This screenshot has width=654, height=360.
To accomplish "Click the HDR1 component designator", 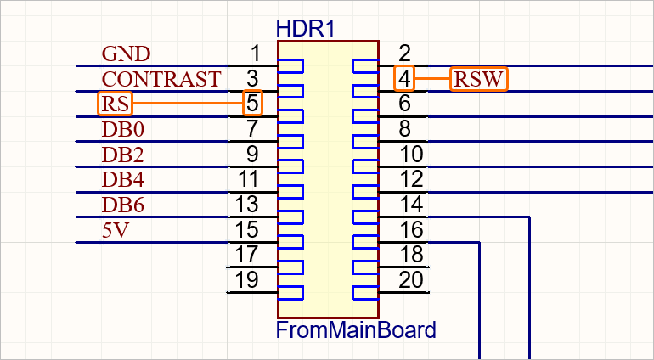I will [x=306, y=28].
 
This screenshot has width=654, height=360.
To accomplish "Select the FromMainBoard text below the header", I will [x=356, y=329].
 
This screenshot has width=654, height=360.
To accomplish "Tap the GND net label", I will [x=126, y=54].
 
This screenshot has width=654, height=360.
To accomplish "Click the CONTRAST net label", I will [x=161, y=79].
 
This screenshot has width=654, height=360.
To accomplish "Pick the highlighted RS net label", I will [x=115, y=104].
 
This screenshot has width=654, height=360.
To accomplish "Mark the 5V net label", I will [x=115, y=230].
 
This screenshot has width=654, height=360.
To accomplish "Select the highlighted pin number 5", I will [x=252, y=104].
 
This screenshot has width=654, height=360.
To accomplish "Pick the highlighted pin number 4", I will [x=405, y=79].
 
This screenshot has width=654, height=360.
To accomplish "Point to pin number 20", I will [x=410, y=279].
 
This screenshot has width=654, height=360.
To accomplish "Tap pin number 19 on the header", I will [x=247, y=279].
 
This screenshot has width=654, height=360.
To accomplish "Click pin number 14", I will [x=410, y=205].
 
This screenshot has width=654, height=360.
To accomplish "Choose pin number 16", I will [x=410, y=229].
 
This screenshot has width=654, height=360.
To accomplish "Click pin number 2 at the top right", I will [x=405, y=54].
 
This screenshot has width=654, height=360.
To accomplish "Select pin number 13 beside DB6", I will [x=247, y=205].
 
